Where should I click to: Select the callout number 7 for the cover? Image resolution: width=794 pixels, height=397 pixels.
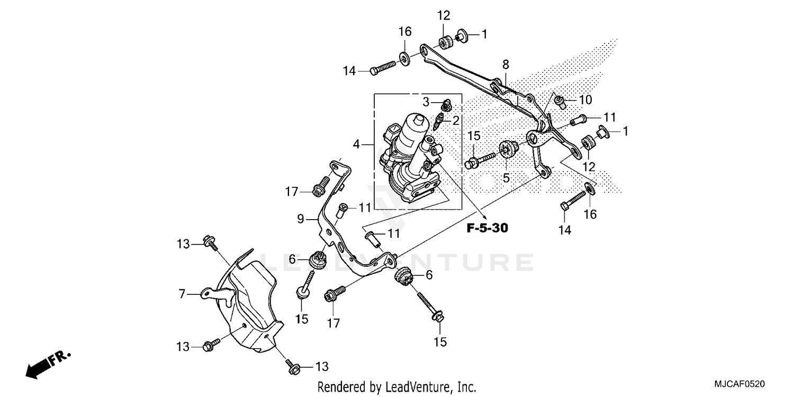point(183,293)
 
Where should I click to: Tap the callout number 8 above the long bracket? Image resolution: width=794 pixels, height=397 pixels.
point(506,65)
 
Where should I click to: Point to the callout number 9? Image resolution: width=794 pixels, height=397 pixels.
point(300,219)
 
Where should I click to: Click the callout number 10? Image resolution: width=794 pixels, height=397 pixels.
point(585,100)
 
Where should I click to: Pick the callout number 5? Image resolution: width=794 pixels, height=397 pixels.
point(506,178)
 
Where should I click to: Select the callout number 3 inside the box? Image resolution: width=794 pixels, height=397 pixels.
point(426,101)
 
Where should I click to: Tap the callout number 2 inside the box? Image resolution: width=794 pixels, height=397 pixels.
point(455,121)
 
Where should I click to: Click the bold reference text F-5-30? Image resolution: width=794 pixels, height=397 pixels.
point(486,228)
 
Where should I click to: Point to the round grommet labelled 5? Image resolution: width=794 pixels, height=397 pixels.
point(507,149)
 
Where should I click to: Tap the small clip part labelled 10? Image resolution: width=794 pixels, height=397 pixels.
point(561,100)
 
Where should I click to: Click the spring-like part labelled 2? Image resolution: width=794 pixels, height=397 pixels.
point(438,123)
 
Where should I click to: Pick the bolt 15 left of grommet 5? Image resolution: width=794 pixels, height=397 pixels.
point(479,159)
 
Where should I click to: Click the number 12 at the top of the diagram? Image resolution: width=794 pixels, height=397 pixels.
point(443,15)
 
